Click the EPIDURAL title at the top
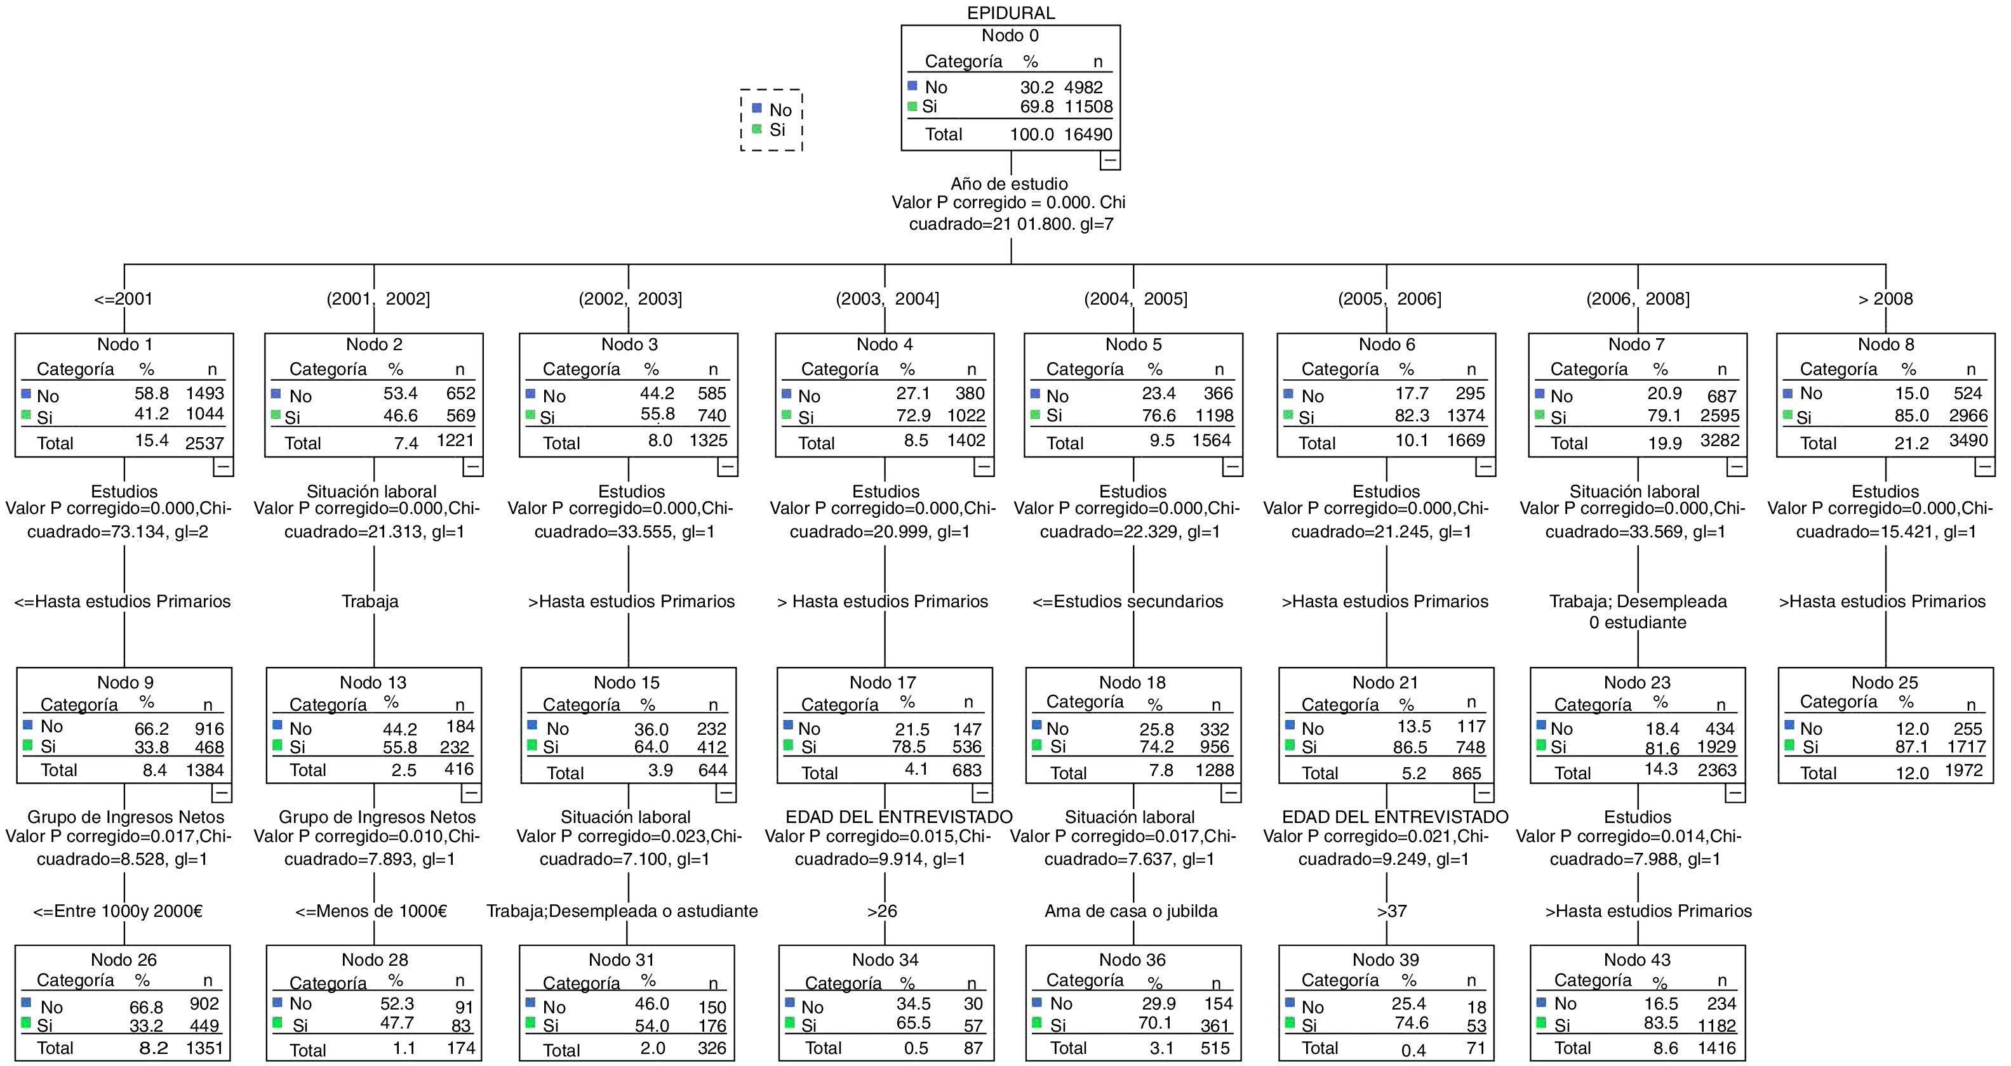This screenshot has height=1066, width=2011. click(x=1010, y=13)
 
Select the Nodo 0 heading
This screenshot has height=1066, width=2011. click(x=1010, y=35)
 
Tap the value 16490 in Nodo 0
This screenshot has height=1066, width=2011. click(x=1088, y=135)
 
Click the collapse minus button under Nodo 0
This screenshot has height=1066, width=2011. click(x=1109, y=160)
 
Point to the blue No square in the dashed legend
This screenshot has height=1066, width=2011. click(x=756, y=109)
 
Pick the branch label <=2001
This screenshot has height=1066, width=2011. click(x=123, y=299)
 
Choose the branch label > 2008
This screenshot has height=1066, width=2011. click(x=1885, y=299)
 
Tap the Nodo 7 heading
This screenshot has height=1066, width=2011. click(x=1636, y=344)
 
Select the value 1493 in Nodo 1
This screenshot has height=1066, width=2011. click(x=204, y=393)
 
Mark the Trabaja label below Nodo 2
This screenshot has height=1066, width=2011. click(x=370, y=601)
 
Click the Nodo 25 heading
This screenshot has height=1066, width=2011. click(x=1884, y=683)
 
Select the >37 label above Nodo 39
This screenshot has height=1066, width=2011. click(x=1392, y=911)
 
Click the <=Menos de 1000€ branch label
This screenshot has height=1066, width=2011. click(x=371, y=911)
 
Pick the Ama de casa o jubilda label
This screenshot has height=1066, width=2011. click(x=1130, y=911)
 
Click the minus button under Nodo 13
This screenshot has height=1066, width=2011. click(x=472, y=794)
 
